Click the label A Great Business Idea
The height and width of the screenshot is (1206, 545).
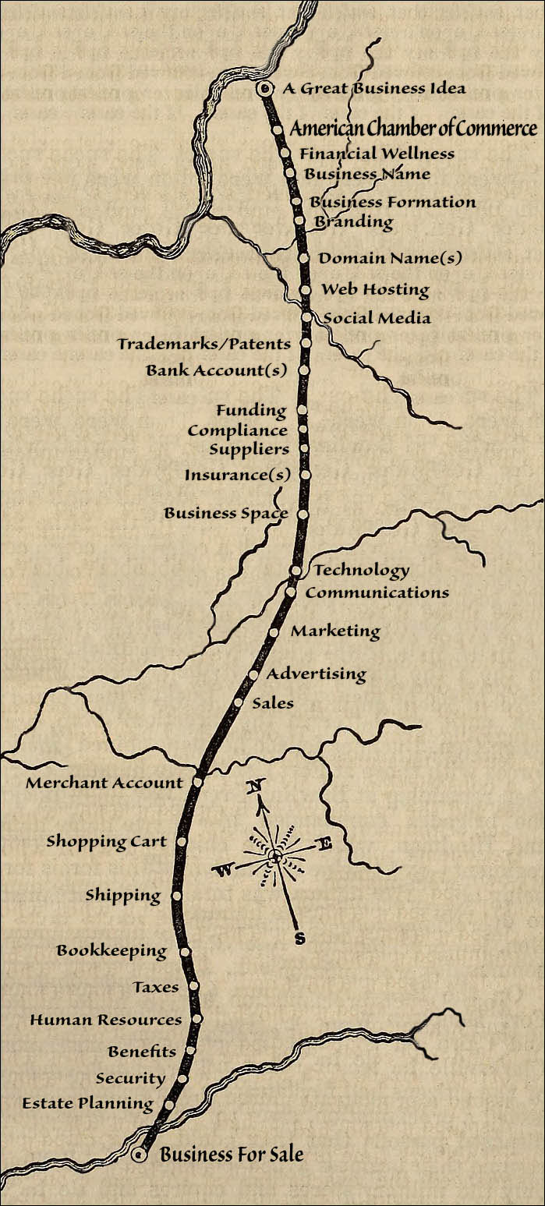[x=374, y=88]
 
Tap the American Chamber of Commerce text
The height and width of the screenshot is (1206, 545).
[x=413, y=129]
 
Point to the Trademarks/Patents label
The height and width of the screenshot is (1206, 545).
[x=204, y=344]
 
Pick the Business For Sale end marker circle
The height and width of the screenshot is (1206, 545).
[x=140, y=1155]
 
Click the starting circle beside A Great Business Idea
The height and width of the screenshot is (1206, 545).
[x=264, y=90]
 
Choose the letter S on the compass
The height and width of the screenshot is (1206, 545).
[x=299, y=939]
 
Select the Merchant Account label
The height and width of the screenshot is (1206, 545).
[x=104, y=783]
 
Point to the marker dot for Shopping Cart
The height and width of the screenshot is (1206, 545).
[x=182, y=842]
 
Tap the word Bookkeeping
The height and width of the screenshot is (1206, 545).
[x=111, y=951]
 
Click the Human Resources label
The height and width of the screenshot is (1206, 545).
[x=106, y=1020]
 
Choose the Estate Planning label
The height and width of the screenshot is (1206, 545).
[x=88, y=1104]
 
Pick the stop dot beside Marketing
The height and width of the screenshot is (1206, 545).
[x=274, y=632]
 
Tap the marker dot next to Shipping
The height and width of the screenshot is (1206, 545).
[x=177, y=896]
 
